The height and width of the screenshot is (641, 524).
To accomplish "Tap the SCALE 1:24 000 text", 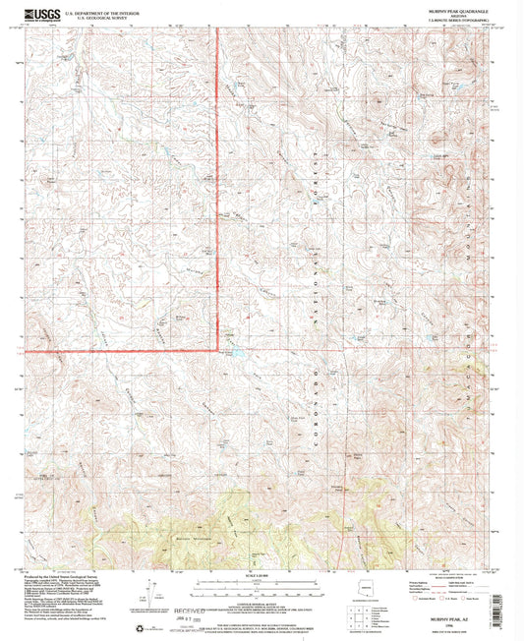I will tap(262, 575).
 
